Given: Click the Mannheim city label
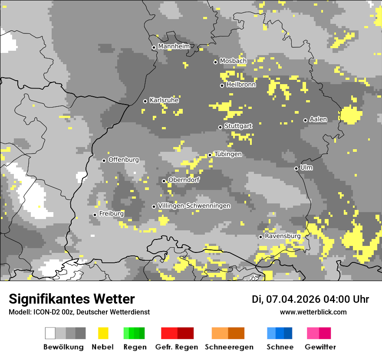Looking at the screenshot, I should (174, 46).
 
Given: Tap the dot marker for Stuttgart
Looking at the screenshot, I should (220, 127).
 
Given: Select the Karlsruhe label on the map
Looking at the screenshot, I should (164, 100).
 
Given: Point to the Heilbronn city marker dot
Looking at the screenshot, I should (222, 85).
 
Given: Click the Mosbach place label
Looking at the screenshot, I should (233, 61).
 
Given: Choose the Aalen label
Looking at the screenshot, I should (318, 119).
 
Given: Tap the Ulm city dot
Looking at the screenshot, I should (296, 168).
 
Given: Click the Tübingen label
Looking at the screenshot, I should (228, 154).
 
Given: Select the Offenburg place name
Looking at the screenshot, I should (123, 160).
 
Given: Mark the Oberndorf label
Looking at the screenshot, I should (184, 180).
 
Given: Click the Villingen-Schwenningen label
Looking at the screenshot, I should (194, 206).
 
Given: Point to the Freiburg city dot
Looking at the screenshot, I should (95, 215).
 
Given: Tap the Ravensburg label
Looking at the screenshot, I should (283, 236).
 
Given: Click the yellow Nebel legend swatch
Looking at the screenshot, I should (103, 333).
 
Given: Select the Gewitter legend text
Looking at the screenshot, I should (320, 347).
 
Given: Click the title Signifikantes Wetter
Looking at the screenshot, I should (72, 299).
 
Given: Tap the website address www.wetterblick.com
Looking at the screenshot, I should (313, 312).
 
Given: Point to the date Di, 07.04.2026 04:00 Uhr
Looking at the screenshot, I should (310, 299).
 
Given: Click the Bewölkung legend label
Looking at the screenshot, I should (63, 347).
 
